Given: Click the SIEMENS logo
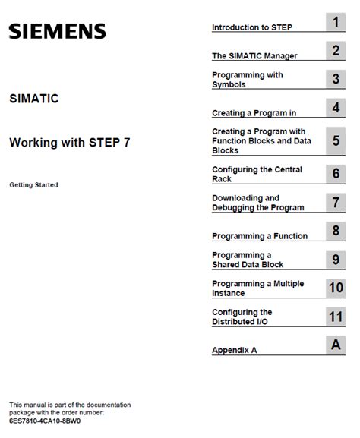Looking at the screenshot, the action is coord(58,31).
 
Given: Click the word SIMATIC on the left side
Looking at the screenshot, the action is coord(34,99).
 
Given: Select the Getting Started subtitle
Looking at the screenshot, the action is coord(33,184).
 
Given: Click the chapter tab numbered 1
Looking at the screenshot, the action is coord(336,22).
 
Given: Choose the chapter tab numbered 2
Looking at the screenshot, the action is coord(336,51).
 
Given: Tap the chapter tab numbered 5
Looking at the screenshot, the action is coord(336,140).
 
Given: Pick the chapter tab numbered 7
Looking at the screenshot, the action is coord(336,202).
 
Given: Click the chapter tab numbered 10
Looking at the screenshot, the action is coord(336,288).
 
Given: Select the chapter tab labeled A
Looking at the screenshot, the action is coord(336,345).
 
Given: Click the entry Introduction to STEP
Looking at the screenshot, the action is coord(252,27).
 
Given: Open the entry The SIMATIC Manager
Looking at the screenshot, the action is coord(254,55).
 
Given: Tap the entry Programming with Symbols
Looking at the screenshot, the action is coord(248,80).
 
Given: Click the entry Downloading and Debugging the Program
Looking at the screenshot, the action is coord(257,203).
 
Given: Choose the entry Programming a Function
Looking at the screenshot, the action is coord(260,236).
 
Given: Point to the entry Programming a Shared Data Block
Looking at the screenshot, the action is coord(248,260).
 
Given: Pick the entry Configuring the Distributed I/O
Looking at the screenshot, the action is coord(242,317).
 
